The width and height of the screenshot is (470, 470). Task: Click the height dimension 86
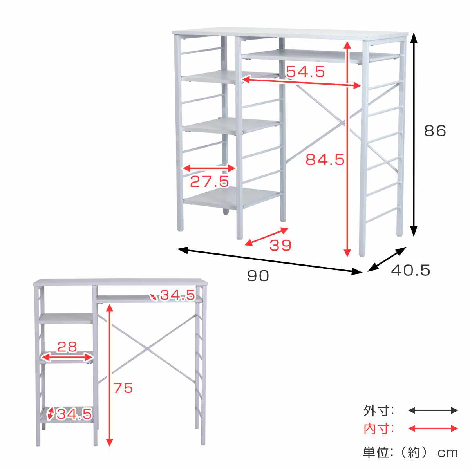click(435, 131)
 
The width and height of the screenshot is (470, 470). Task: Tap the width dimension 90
click(258, 276)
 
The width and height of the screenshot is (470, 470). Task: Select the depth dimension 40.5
click(411, 270)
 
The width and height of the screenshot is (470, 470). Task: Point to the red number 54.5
click(305, 71)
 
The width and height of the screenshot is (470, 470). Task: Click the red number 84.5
click(325, 160)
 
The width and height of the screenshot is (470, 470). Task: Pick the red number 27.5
click(210, 181)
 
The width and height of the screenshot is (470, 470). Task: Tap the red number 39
click(280, 245)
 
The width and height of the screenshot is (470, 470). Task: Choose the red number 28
click(67, 347)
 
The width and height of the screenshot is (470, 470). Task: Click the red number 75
click(123, 388)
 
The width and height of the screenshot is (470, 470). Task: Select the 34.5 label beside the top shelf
click(177, 295)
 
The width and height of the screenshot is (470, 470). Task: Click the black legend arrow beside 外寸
click(433, 410)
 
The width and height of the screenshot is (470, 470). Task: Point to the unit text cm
click(448, 453)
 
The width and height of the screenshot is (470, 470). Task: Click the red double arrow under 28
click(67, 358)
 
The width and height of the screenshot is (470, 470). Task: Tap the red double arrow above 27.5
click(210, 168)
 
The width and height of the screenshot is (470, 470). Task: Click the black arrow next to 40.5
click(387, 259)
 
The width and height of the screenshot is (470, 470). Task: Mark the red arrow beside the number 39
click(266, 237)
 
